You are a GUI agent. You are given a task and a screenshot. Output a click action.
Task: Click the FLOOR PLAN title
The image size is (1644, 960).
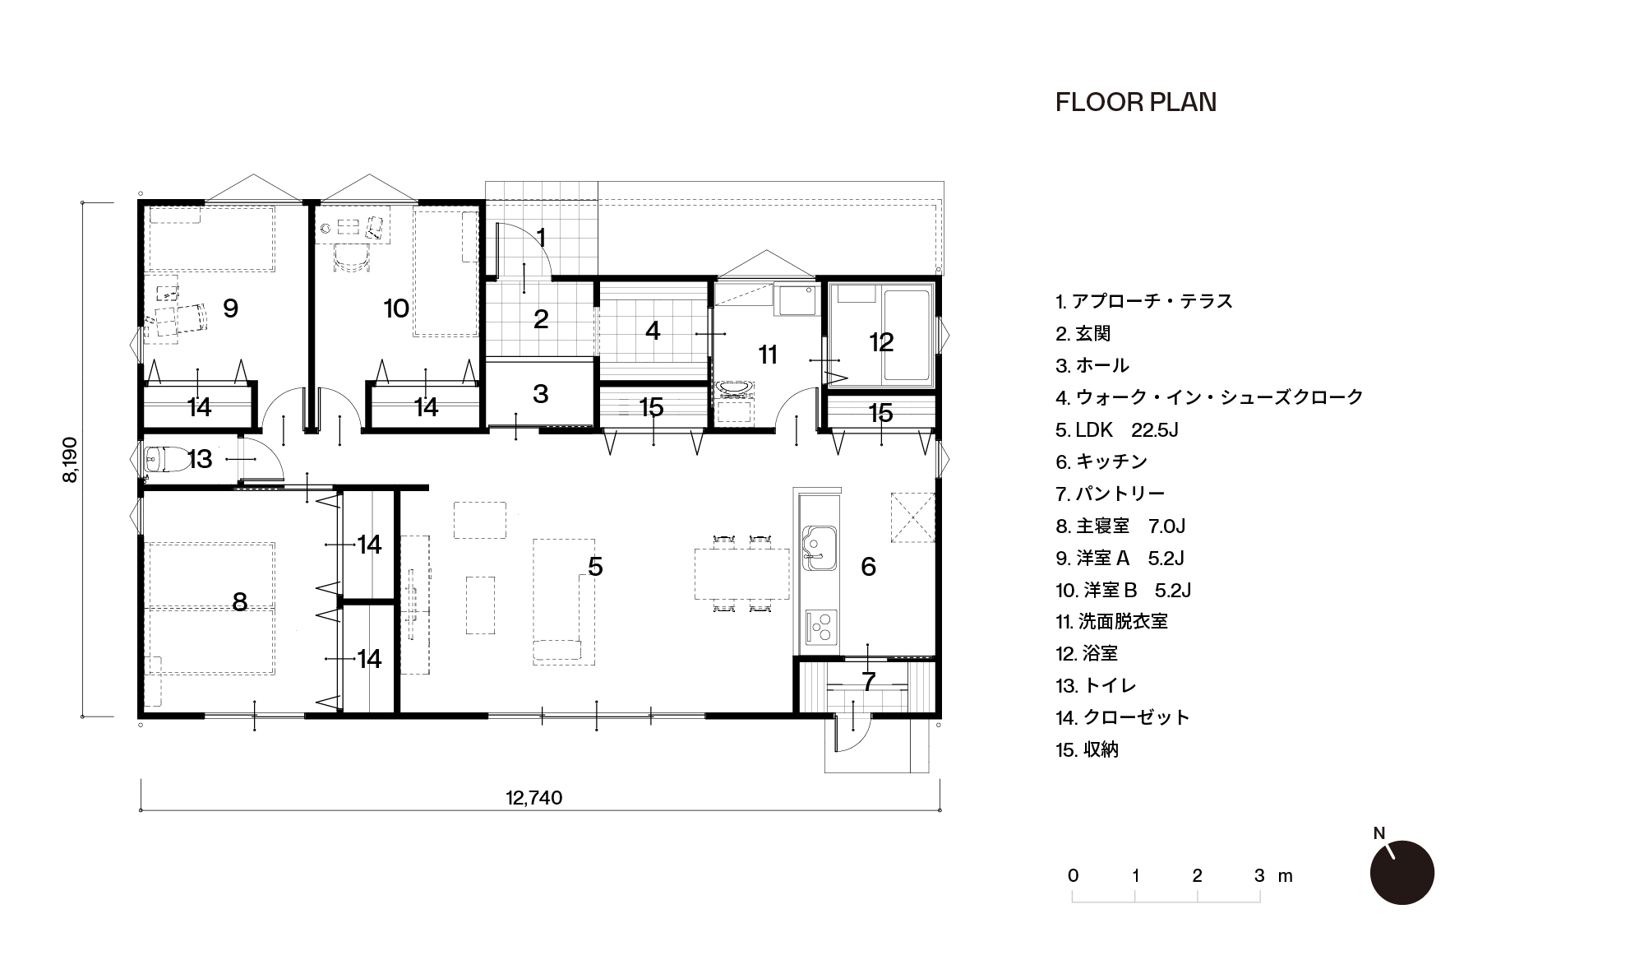pos(1135,102)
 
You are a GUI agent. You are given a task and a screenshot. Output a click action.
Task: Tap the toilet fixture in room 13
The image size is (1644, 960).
pos(156,460)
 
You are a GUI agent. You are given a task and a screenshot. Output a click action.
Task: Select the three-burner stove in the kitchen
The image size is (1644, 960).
pos(820,627)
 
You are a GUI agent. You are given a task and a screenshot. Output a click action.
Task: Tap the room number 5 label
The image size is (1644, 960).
pos(596,566)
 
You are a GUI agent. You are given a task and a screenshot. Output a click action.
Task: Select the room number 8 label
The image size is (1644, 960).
pos(239,601)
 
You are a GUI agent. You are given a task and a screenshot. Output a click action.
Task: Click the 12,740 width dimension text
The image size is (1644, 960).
pos(534,798)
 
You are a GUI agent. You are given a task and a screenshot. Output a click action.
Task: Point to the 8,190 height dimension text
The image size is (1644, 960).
pos(70,459)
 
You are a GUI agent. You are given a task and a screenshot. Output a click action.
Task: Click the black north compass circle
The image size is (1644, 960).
pos(1402,873)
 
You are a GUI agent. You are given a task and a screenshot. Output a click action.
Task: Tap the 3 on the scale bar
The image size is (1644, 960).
pos(1259,876)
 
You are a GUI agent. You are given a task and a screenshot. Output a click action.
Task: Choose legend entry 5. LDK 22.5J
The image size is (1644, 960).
pos(1117,429)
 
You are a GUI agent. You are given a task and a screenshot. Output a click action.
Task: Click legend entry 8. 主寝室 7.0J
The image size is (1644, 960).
pos(1120,526)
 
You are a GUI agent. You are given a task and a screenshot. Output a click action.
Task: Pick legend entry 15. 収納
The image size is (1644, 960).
pos(1088,749)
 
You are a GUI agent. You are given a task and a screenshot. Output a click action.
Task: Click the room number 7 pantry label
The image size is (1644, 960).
pos(869,681)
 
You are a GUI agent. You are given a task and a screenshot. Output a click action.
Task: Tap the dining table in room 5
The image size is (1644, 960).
pos(741,574)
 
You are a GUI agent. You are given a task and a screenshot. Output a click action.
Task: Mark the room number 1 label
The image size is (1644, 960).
pos(541,237)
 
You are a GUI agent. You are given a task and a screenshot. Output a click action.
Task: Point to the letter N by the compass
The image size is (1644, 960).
pos(1379,833)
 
